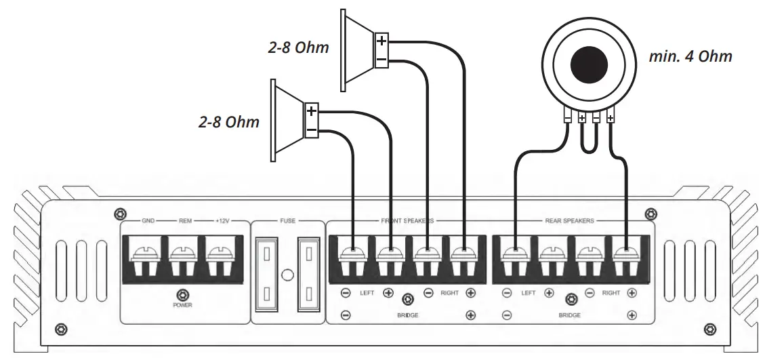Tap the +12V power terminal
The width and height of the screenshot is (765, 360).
pyautogui.click(x=220, y=258)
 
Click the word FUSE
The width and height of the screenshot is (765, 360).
pyautogui.click(x=288, y=221)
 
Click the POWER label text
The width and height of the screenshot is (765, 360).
pyautogui.click(x=182, y=305)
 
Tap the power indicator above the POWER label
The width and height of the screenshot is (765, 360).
pyautogui.click(x=182, y=294)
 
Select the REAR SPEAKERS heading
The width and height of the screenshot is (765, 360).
pyautogui.click(x=569, y=221)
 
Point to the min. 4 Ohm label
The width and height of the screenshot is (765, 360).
pyautogui.click(x=690, y=56)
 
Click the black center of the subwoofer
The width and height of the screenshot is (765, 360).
pyautogui.click(x=589, y=66)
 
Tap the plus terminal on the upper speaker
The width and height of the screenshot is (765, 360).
pyautogui.click(x=381, y=41)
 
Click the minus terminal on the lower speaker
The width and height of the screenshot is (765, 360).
pyautogui.click(x=311, y=129)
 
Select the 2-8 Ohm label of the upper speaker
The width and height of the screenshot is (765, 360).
pyautogui.click(x=297, y=47)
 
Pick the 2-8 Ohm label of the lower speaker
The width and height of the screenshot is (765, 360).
pyautogui.click(x=229, y=122)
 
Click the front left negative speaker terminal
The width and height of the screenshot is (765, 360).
pyautogui.click(x=353, y=258)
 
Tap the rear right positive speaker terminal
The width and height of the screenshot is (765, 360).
pyautogui.click(x=625, y=258)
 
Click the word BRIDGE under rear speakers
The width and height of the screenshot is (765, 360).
pyautogui.click(x=570, y=315)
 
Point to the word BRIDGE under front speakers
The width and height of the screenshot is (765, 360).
pyautogui.click(x=408, y=315)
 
